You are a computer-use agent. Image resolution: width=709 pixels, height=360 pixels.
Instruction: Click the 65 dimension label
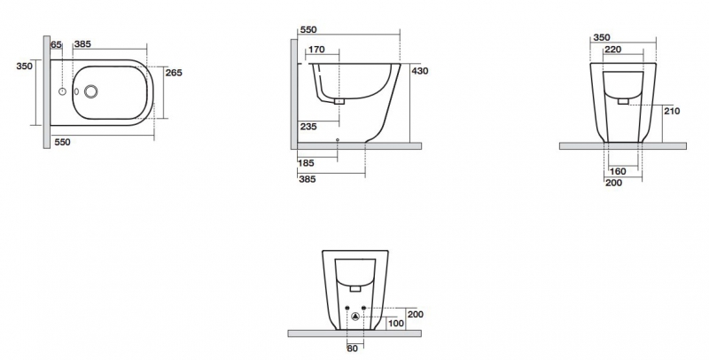(x=56, y=44)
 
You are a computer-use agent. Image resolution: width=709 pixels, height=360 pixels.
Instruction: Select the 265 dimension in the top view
(x=174, y=73)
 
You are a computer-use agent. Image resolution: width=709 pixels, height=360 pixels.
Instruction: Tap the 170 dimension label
(x=316, y=50)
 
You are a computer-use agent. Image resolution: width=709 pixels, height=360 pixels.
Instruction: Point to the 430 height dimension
(x=419, y=71)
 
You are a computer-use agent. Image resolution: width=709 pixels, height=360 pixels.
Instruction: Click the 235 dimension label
(x=308, y=127)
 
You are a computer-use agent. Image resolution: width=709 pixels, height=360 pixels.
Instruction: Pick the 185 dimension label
(x=306, y=163)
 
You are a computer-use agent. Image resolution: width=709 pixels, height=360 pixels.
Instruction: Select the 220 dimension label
(x=612, y=50)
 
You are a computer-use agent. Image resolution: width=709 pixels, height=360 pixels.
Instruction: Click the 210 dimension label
(x=672, y=111)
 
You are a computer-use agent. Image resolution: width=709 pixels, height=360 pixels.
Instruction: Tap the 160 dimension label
(x=618, y=171)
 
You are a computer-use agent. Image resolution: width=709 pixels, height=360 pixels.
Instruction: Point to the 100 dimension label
(x=396, y=324)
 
